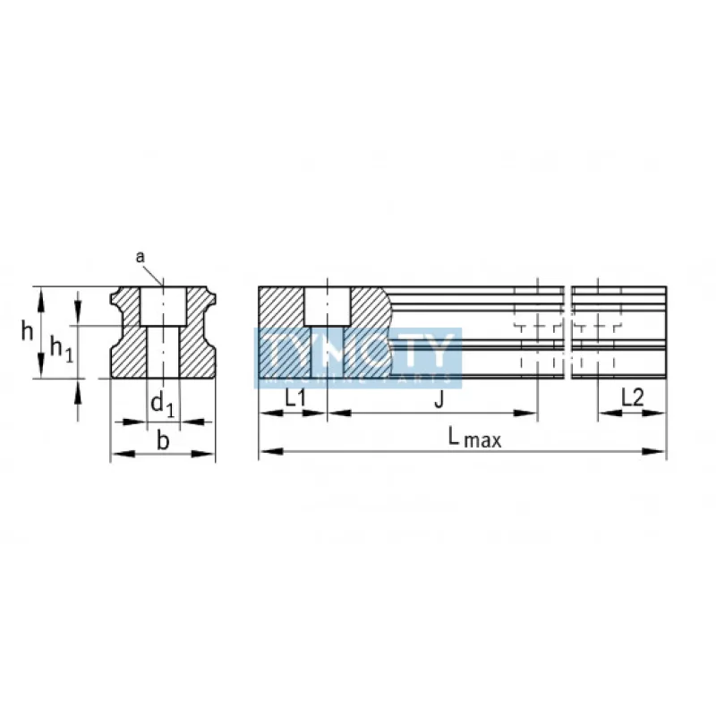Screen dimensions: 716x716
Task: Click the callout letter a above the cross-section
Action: point(141,257)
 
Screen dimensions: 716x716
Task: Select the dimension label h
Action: point(29,331)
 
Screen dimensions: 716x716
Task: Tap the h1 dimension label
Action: point(60,347)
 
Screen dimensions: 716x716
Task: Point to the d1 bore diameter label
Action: point(162,405)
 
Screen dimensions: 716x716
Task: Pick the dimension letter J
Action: point(439,399)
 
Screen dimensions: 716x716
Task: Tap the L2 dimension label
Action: point(632,398)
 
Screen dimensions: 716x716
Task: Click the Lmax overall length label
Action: point(474,438)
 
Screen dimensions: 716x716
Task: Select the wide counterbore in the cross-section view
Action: point(163,307)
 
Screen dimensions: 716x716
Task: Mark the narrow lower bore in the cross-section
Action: point(163,352)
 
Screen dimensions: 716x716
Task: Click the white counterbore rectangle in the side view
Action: point(327,307)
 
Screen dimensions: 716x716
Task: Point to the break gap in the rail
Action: point(568,331)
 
